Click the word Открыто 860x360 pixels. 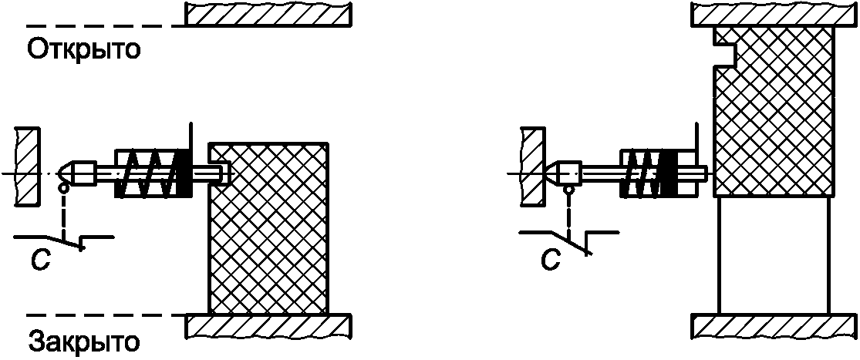click(x=84, y=50)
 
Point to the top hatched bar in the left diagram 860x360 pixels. click(x=268, y=13)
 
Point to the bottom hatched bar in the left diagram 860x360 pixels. click(x=268, y=325)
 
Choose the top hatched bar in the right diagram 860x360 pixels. click(x=774, y=13)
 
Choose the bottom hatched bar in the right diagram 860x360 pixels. click(x=774, y=325)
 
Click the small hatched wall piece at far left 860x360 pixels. click(x=26, y=167)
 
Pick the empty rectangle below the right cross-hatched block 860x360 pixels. click(x=774, y=254)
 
